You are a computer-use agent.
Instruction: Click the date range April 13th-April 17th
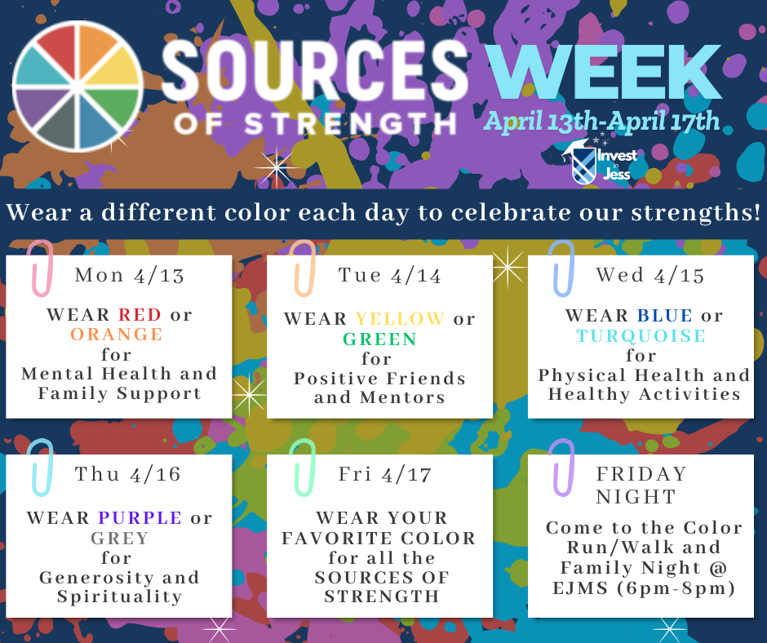pyautogui.click(x=602, y=122)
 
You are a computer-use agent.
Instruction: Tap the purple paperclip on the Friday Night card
pyautogui.click(x=562, y=466)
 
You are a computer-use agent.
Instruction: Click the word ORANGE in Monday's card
pyautogui.click(x=117, y=334)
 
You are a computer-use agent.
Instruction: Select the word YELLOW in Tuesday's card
pyautogui.click(x=400, y=318)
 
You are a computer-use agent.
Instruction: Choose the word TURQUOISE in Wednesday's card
pyautogui.click(x=641, y=335)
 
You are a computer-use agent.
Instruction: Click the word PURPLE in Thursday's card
pyautogui.click(x=140, y=517)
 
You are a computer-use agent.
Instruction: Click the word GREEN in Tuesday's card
pyautogui.click(x=379, y=339)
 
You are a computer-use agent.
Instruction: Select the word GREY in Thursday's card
pyautogui.click(x=119, y=538)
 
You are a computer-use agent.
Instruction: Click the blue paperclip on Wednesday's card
pyautogui.click(x=561, y=267)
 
